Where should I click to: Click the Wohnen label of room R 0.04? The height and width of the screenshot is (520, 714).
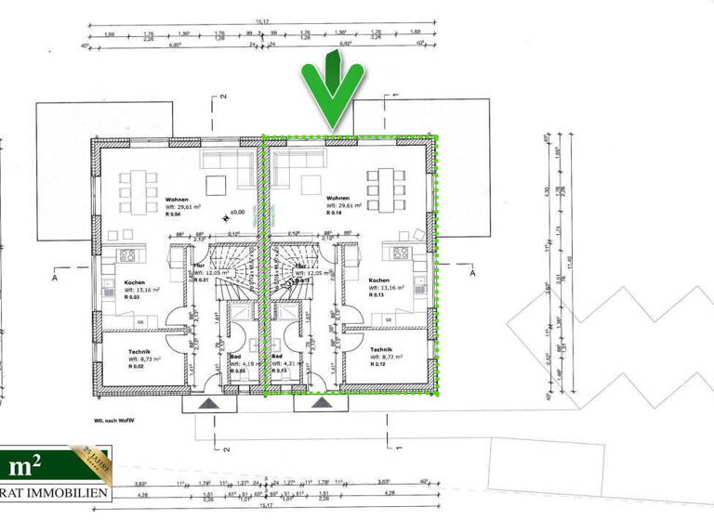click(178, 199)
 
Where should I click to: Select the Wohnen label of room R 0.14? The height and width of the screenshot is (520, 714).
click(337, 199)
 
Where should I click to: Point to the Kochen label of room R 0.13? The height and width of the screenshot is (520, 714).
click(379, 280)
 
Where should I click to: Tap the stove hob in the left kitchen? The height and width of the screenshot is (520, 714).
click(127, 255)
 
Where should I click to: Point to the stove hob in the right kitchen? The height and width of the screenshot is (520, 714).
click(403, 253)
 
